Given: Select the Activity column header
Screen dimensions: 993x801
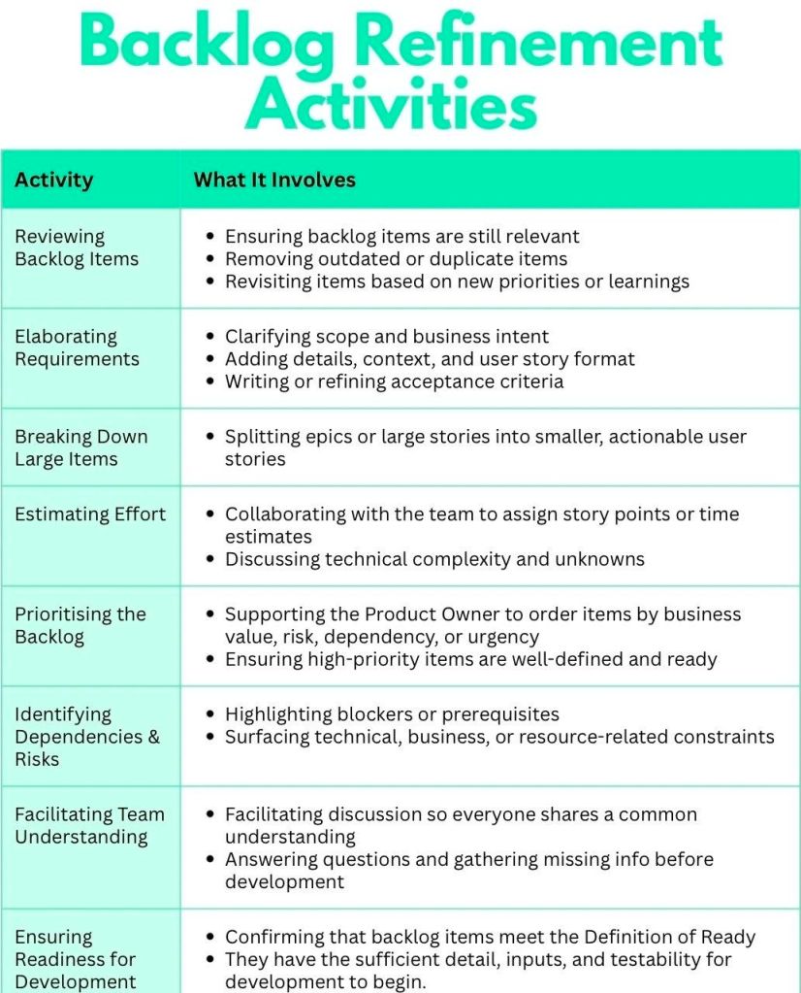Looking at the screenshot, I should [x=54, y=180].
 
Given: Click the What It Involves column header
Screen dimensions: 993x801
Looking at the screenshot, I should [x=274, y=180].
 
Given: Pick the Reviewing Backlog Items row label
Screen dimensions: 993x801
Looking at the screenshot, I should [x=77, y=248].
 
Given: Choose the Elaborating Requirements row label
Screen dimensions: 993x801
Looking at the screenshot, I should [x=77, y=348].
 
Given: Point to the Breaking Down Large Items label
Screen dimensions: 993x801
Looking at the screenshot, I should [x=81, y=447].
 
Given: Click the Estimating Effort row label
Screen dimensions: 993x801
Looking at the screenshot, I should [x=90, y=514].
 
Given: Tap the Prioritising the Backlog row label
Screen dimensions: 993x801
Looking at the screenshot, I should [x=80, y=625].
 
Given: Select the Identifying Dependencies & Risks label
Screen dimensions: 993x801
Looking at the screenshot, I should [x=87, y=737].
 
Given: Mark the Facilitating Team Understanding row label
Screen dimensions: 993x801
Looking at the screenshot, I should [x=89, y=825].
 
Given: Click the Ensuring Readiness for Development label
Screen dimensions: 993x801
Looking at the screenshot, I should [x=76, y=959].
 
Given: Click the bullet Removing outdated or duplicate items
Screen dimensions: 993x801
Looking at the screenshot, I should [x=396, y=259].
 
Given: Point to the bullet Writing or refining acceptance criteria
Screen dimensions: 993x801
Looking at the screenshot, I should [x=394, y=381].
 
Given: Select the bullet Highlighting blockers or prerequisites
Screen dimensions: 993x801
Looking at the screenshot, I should [x=392, y=714].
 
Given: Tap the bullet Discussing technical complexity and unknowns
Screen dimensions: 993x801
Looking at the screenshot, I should [x=434, y=559].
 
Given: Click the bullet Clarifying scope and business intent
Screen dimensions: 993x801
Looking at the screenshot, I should [x=387, y=337].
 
